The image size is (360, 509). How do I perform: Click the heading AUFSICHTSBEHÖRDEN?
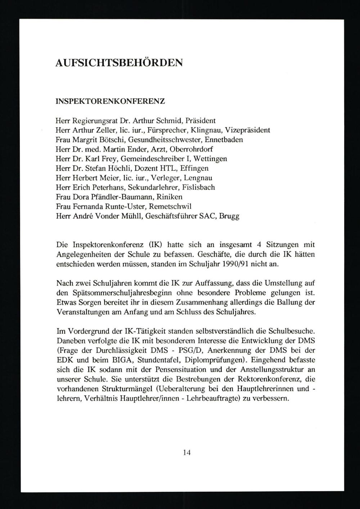pyautogui.click(x=119, y=63)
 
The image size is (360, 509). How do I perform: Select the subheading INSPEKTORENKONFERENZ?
pyautogui.click(x=110, y=101)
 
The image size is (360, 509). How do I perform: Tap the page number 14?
pyautogui.click(x=186, y=452)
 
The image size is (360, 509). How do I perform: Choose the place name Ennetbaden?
pyautogui.click(x=225, y=139)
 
